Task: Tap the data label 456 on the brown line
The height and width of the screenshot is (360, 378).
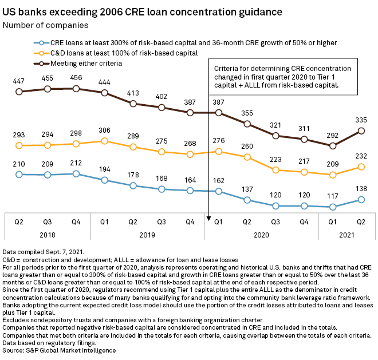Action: [x=76, y=78]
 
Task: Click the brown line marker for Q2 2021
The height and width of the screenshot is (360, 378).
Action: [x=361, y=130]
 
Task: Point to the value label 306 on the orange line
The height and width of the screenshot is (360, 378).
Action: [x=104, y=130]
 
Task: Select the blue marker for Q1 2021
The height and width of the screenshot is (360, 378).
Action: [x=332, y=207]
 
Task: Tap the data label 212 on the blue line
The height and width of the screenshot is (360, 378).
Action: [x=76, y=164]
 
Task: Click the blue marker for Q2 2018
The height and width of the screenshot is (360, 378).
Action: [x=19, y=174]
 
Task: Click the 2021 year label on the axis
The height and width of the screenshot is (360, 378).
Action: [x=346, y=234]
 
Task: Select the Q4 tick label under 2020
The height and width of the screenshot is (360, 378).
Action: [x=304, y=220]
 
